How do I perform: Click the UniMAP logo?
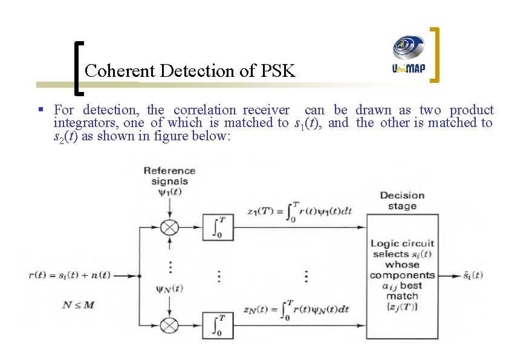[409, 54]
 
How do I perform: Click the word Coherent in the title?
[120, 71]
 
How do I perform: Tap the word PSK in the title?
[277, 71]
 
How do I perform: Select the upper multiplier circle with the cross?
[170, 227]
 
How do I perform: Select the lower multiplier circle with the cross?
[170, 325]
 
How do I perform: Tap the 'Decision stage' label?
[402, 200]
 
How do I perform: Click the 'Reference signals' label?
[169, 175]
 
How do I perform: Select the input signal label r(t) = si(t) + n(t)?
[70, 275]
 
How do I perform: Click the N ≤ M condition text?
[79, 304]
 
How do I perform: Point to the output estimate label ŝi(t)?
[469, 275]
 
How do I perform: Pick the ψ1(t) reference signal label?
[169, 192]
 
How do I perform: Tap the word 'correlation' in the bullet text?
[205, 110]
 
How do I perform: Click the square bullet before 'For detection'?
[41, 110]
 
